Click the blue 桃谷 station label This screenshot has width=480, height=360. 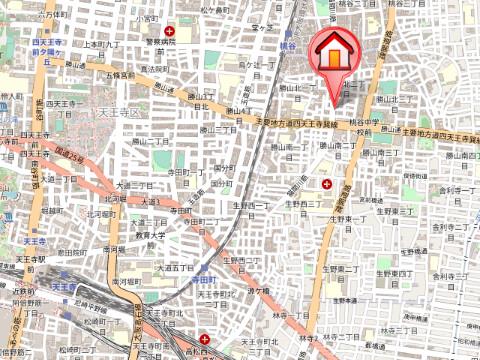click(x=289, y=46)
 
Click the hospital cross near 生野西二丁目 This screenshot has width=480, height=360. click(x=327, y=182)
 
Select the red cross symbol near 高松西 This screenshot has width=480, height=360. click(x=204, y=339)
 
